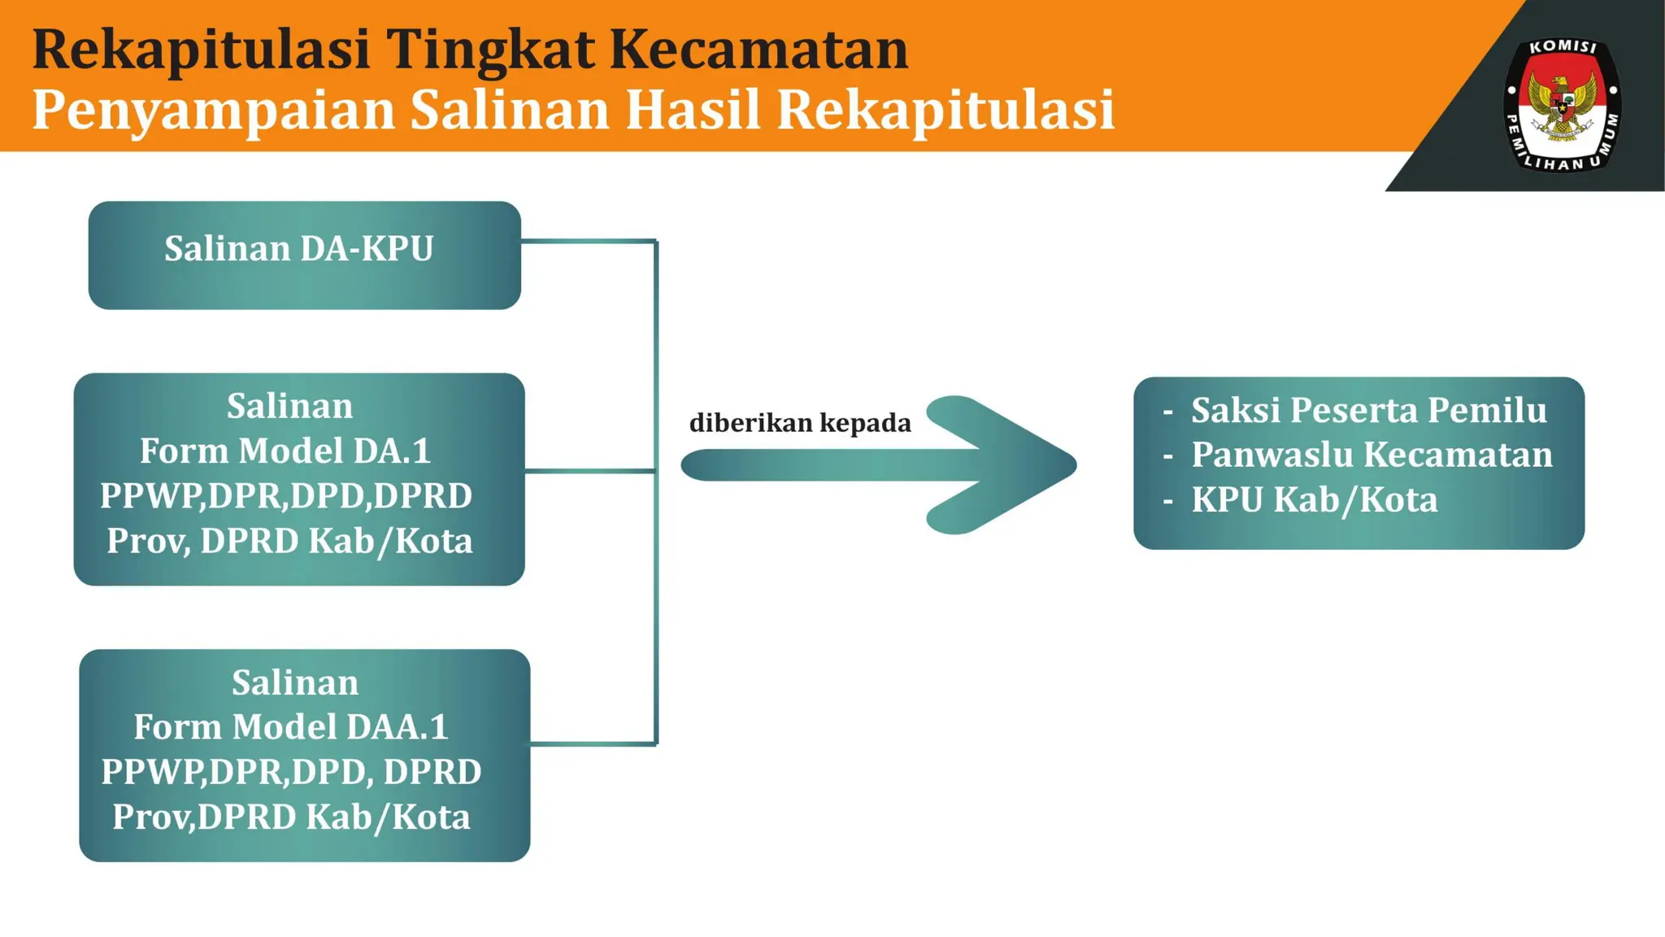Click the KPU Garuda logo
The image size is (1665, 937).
tap(1562, 105)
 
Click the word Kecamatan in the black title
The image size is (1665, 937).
tap(759, 49)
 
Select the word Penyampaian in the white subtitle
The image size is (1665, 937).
tap(213, 110)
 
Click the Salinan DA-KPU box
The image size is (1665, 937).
tap(304, 255)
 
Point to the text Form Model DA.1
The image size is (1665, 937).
tap(285, 451)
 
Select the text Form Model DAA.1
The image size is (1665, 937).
tap(290, 726)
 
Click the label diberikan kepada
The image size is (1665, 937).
tap(800, 423)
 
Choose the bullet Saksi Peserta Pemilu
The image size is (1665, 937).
tap(1368, 410)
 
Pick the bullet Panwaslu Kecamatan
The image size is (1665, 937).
tap(1372, 455)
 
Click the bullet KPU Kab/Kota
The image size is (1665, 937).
tap(1314, 499)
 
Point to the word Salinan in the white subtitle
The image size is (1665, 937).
tap(510, 110)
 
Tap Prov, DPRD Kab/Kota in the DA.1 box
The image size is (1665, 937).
tap(289, 541)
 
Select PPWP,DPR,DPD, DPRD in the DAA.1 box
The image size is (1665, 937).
tap(291, 771)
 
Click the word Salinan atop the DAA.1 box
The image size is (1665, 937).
tap(294, 682)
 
